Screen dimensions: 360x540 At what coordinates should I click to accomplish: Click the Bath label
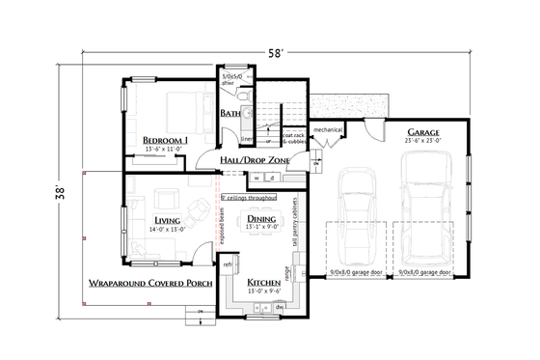[x=230, y=114]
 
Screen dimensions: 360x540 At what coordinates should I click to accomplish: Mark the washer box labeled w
[x=257, y=178]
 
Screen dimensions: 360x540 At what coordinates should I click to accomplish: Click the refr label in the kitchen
[x=229, y=263]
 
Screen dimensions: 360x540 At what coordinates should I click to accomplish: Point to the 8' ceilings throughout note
[x=249, y=197]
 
